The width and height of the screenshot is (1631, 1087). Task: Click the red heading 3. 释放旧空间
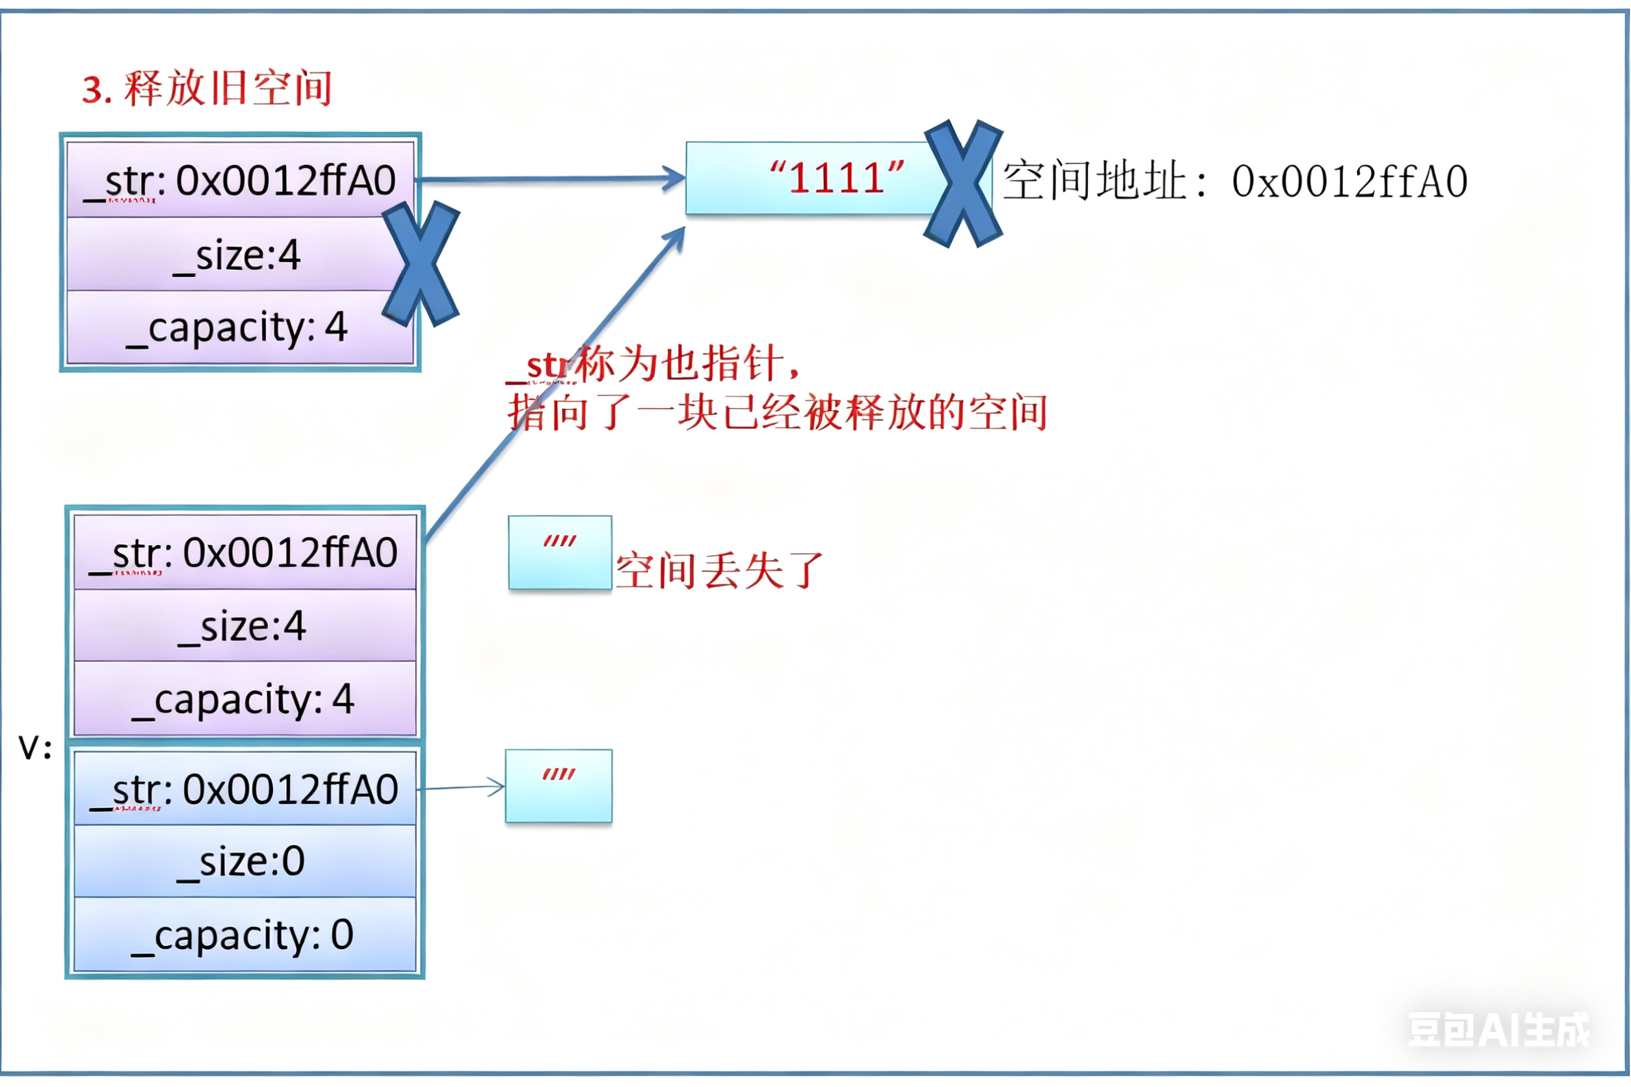(207, 88)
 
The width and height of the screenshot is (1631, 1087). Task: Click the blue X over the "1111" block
(963, 183)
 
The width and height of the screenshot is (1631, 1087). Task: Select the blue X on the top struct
(421, 263)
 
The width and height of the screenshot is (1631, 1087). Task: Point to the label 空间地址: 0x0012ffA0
(1234, 181)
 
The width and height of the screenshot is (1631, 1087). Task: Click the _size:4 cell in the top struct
(236, 254)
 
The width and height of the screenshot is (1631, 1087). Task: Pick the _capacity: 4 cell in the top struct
(236, 327)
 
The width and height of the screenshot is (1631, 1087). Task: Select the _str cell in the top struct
(240, 180)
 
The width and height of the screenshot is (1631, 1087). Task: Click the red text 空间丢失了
(719, 571)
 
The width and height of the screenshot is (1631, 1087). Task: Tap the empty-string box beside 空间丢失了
(560, 553)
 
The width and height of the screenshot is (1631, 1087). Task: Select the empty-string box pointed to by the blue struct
(558, 786)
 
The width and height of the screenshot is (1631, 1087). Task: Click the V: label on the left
(34, 749)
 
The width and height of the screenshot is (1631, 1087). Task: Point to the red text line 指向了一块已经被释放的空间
(776, 413)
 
